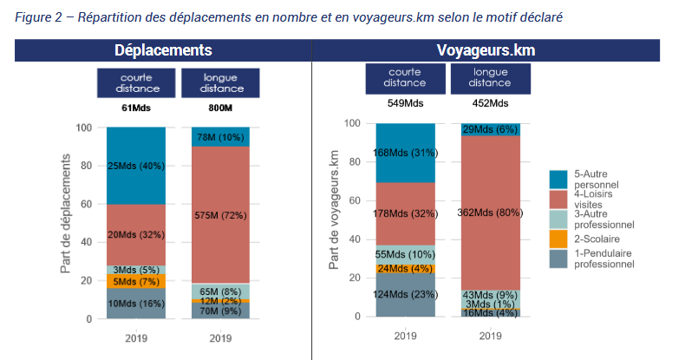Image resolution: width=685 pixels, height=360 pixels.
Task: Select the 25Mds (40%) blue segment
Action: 135,166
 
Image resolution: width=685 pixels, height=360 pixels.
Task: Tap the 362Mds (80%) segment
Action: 491,209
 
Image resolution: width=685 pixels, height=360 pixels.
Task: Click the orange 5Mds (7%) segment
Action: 135,282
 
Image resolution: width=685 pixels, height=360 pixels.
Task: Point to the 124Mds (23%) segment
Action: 405,294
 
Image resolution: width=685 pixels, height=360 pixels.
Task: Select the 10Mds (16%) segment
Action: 135,304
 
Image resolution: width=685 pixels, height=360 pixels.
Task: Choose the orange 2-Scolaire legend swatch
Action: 559,237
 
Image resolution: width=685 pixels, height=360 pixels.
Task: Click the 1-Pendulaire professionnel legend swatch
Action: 559,257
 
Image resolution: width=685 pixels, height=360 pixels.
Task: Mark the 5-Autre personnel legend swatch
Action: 559,179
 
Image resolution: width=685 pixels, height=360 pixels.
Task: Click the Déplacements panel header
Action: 163,50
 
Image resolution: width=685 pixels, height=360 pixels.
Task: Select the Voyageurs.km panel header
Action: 486,50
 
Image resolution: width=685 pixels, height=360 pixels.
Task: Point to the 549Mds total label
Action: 405,103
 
